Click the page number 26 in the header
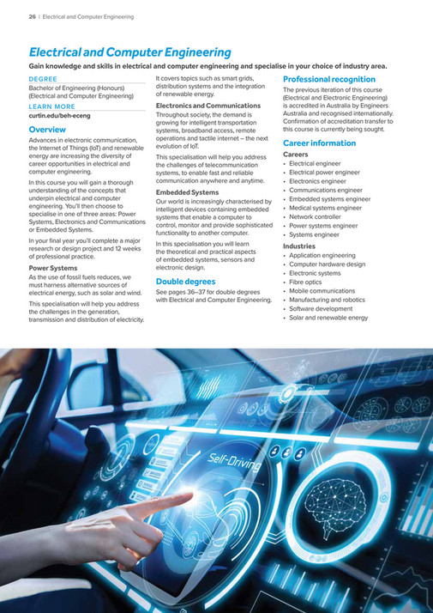32,15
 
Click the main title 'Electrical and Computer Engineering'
130,52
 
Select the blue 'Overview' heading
47,130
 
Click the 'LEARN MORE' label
49,106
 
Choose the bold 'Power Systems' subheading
53,268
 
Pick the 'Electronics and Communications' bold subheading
207,105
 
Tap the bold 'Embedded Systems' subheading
187,192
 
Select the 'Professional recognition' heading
328,79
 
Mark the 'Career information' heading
319,143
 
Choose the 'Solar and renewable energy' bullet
328,318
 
